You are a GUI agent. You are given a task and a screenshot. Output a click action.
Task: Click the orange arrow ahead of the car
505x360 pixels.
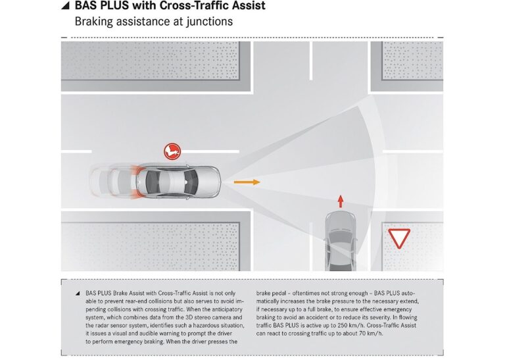tap(247, 182)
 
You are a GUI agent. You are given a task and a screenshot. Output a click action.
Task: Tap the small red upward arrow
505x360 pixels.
tap(341, 201)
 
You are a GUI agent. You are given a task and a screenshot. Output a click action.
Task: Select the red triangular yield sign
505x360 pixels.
tap(399, 238)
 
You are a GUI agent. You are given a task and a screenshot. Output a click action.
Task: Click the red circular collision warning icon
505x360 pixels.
tap(172, 151)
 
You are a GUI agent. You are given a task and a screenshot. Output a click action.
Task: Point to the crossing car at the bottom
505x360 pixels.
tap(341, 241)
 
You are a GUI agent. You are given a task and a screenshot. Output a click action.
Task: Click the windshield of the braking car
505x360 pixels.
tap(191, 182)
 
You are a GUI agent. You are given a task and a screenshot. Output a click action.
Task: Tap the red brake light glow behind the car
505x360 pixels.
tap(135, 182)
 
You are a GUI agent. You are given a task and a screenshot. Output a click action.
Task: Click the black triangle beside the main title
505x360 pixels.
tap(66, 5)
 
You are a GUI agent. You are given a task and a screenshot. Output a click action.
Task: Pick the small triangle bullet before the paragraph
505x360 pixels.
tap(78, 294)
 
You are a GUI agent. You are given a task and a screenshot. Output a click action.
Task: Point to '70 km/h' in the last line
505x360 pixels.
tap(371, 334)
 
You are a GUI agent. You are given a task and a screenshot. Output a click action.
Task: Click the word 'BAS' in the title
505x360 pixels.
tap(85, 5)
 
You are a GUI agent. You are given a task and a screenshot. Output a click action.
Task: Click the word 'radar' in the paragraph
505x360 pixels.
tap(103, 326)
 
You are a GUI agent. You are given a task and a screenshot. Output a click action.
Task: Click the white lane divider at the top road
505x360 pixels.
tap(311, 61)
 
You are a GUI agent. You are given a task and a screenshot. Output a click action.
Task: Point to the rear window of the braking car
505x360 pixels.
tap(151, 182)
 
